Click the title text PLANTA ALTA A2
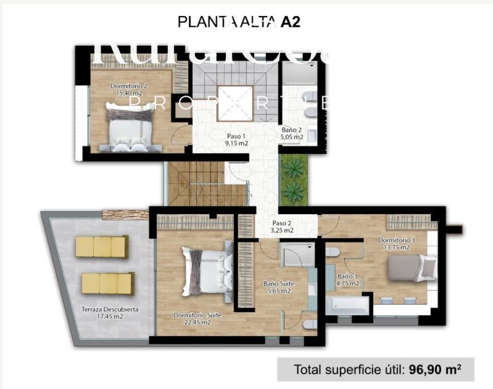(x=239, y=22)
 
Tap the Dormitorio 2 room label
(x=129, y=86)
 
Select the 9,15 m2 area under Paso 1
(x=236, y=143)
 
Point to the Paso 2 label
(x=282, y=223)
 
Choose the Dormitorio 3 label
(x=396, y=241)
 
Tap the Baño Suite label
(x=279, y=284)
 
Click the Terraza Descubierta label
(x=110, y=309)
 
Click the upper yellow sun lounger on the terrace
(x=102, y=246)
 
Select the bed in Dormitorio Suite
(x=206, y=271)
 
